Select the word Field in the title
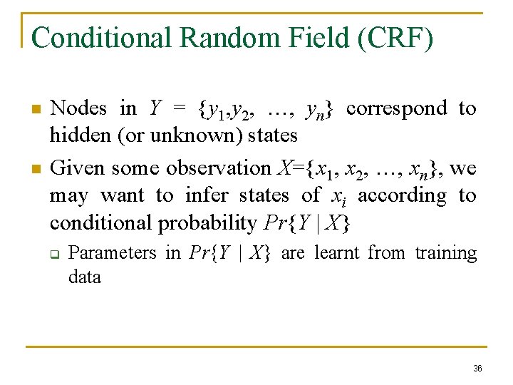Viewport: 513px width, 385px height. point(323,37)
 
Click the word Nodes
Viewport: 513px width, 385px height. point(79,108)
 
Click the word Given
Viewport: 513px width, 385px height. point(78,168)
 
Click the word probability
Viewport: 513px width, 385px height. point(207,223)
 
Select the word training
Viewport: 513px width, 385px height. point(446,253)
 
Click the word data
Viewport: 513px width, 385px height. point(84,277)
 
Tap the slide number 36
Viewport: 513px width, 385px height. point(477,369)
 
